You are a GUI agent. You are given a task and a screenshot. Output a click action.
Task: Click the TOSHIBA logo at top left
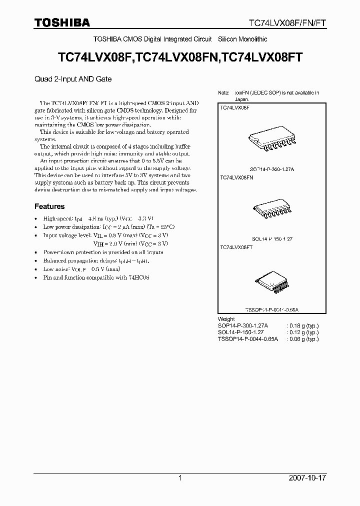point(62,22)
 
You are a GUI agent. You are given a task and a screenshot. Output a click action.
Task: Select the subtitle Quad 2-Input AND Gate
point(73,79)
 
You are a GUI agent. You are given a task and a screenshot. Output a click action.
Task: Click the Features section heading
point(49,206)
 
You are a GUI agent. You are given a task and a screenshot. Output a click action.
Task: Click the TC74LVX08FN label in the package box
point(236,177)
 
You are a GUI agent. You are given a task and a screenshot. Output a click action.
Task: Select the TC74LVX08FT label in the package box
point(236,247)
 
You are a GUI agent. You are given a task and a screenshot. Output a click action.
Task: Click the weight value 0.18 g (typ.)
point(302,325)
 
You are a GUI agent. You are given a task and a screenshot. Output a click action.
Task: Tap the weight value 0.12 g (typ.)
point(302,332)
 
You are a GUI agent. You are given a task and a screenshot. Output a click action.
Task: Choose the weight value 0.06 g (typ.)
point(302,338)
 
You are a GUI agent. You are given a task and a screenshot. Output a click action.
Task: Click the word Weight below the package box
point(226,319)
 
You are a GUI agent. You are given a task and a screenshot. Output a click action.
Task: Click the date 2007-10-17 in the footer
point(307,478)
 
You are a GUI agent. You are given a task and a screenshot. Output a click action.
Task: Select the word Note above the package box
point(223,93)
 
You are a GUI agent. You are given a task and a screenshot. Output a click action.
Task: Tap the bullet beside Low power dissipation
point(36,227)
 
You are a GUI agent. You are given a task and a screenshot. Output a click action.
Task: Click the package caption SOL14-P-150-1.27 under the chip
point(271,239)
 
